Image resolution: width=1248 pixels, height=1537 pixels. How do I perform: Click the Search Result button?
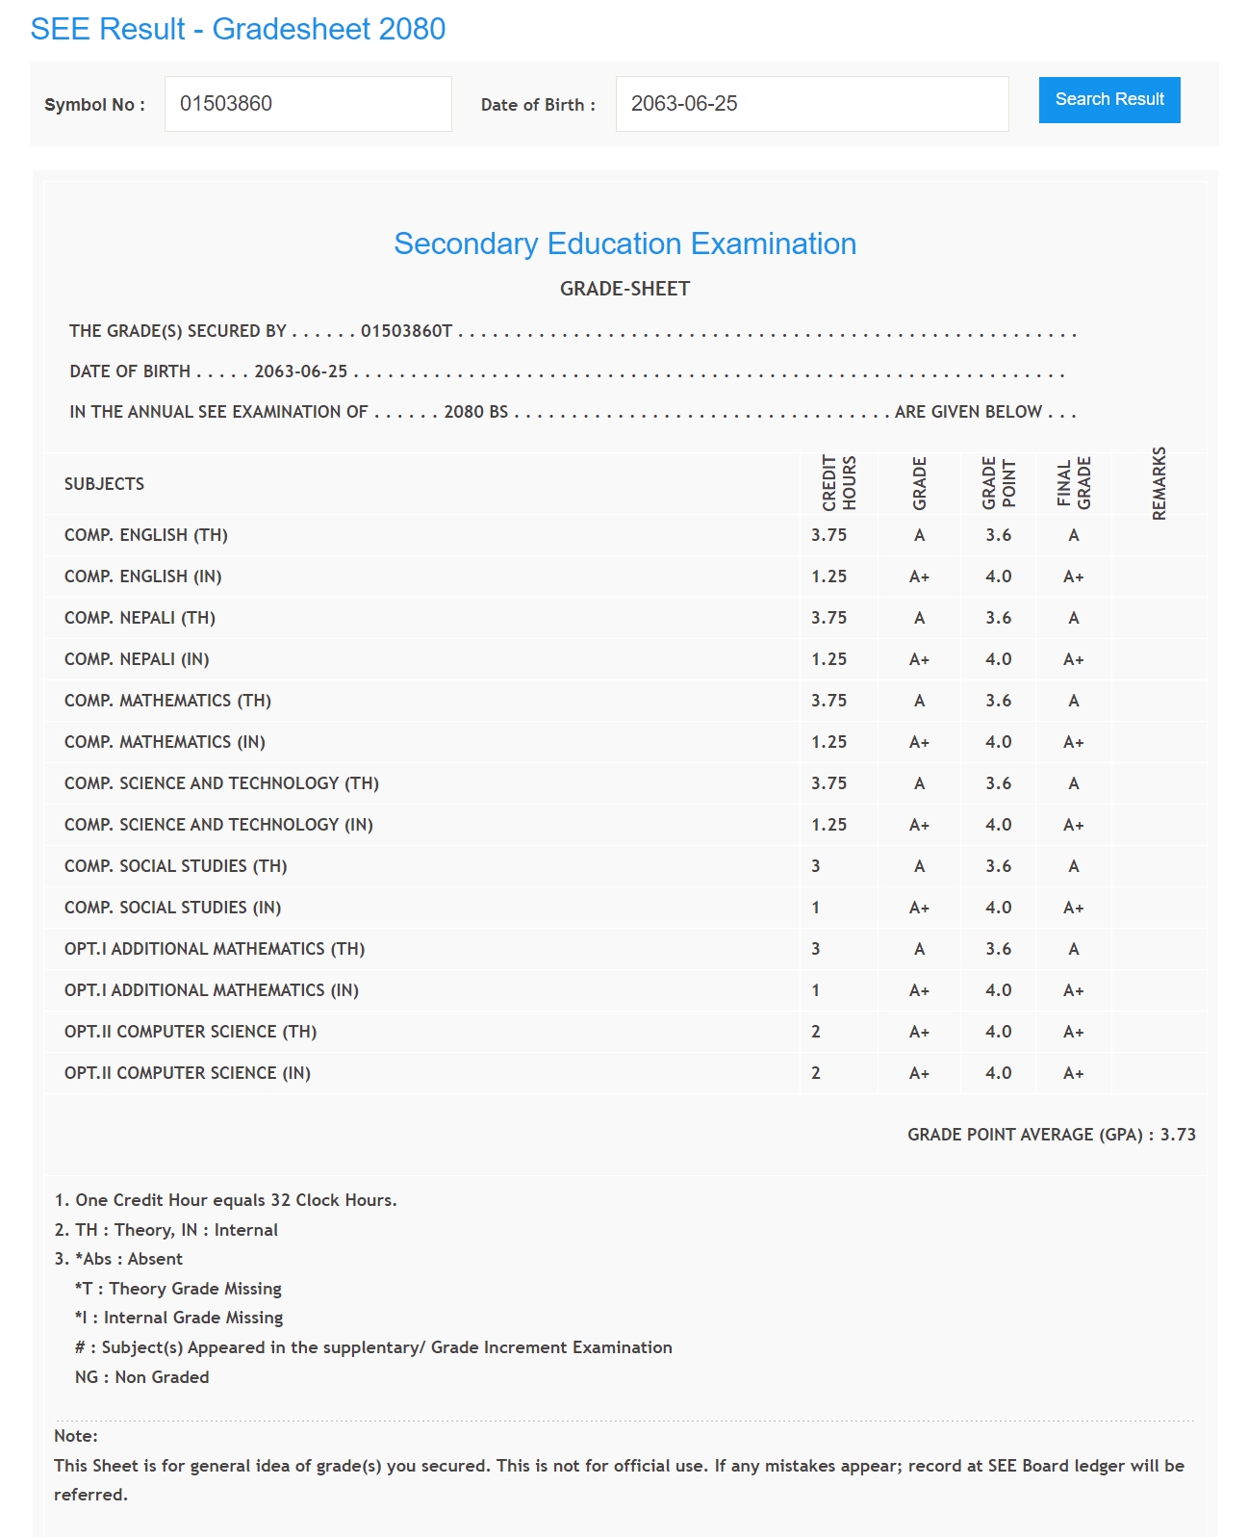click(1108, 100)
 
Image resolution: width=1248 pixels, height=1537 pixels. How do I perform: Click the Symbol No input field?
click(308, 104)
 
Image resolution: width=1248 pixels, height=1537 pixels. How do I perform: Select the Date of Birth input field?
click(811, 104)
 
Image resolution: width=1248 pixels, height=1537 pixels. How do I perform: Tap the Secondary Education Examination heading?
click(624, 244)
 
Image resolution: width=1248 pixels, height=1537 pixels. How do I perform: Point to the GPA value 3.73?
click(1178, 1135)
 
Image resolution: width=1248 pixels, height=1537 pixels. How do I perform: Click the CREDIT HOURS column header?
click(838, 483)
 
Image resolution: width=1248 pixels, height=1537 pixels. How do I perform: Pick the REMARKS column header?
click(1159, 483)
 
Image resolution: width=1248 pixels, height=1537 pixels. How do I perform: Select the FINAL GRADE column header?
click(1073, 483)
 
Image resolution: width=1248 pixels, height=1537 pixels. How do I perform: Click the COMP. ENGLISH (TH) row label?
click(145, 535)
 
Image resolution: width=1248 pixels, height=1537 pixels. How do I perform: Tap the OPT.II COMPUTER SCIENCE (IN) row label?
click(187, 1073)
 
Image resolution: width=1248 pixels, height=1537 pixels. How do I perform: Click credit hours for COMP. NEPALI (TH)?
click(828, 618)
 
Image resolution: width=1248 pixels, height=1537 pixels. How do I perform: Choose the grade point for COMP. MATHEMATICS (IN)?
click(998, 742)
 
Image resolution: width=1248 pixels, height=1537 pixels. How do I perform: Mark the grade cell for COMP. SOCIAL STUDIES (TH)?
click(919, 866)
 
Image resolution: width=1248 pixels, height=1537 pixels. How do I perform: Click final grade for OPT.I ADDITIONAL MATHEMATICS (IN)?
click(1073, 990)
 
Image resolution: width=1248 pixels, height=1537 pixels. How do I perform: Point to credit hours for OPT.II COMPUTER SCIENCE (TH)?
click(816, 1032)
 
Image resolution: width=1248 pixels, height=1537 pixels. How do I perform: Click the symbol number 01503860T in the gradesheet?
click(406, 331)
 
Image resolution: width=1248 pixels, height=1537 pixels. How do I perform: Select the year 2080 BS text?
click(475, 412)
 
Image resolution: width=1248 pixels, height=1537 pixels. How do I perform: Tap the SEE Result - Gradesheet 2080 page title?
click(238, 29)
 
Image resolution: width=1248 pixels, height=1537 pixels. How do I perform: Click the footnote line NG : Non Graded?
click(141, 1377)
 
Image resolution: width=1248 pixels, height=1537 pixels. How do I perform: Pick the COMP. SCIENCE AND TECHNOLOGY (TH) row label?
click(221, 783)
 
